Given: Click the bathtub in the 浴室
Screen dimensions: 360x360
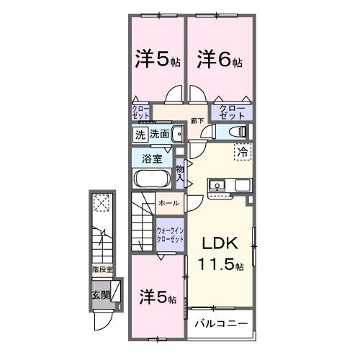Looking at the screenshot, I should (150, 179).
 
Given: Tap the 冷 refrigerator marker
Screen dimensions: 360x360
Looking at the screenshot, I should (243, 152).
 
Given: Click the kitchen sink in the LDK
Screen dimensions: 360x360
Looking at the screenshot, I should (217, 186).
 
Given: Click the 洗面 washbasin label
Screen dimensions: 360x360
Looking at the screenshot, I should (159, 133).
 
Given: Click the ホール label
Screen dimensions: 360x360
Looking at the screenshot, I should (168, 204).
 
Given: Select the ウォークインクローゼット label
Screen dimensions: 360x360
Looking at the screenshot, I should (171, 235).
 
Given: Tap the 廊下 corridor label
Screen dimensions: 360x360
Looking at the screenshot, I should (197, 121).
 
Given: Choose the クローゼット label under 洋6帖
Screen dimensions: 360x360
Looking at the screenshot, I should (232, 112).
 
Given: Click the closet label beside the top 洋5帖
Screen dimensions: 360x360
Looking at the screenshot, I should (140, 112).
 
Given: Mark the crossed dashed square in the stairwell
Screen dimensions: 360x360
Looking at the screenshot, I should (102, 204).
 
